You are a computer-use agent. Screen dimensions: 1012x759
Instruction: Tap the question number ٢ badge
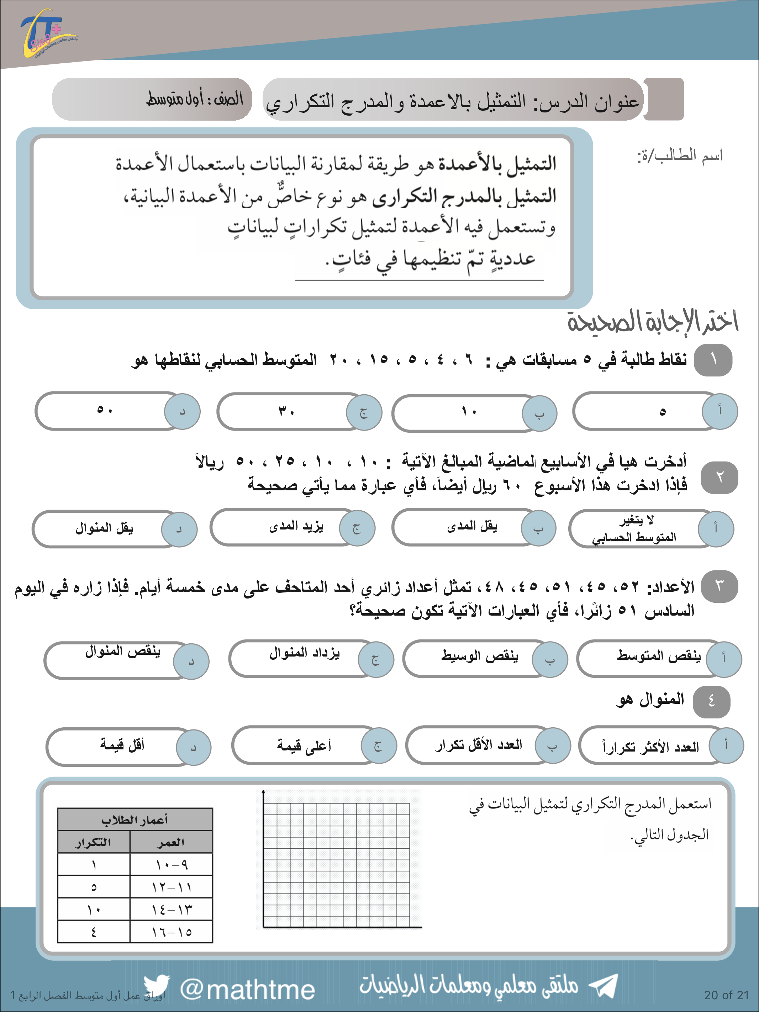coord(719,477)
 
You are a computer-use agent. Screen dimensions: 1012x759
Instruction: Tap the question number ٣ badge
coord(719,586)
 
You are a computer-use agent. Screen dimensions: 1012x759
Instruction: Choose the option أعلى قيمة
coord(304,746)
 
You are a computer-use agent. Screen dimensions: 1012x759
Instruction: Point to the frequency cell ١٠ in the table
coord(94,910)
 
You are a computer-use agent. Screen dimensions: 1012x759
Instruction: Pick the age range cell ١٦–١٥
coord(172,932)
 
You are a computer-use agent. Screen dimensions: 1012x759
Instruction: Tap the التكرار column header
coord(94,842)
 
